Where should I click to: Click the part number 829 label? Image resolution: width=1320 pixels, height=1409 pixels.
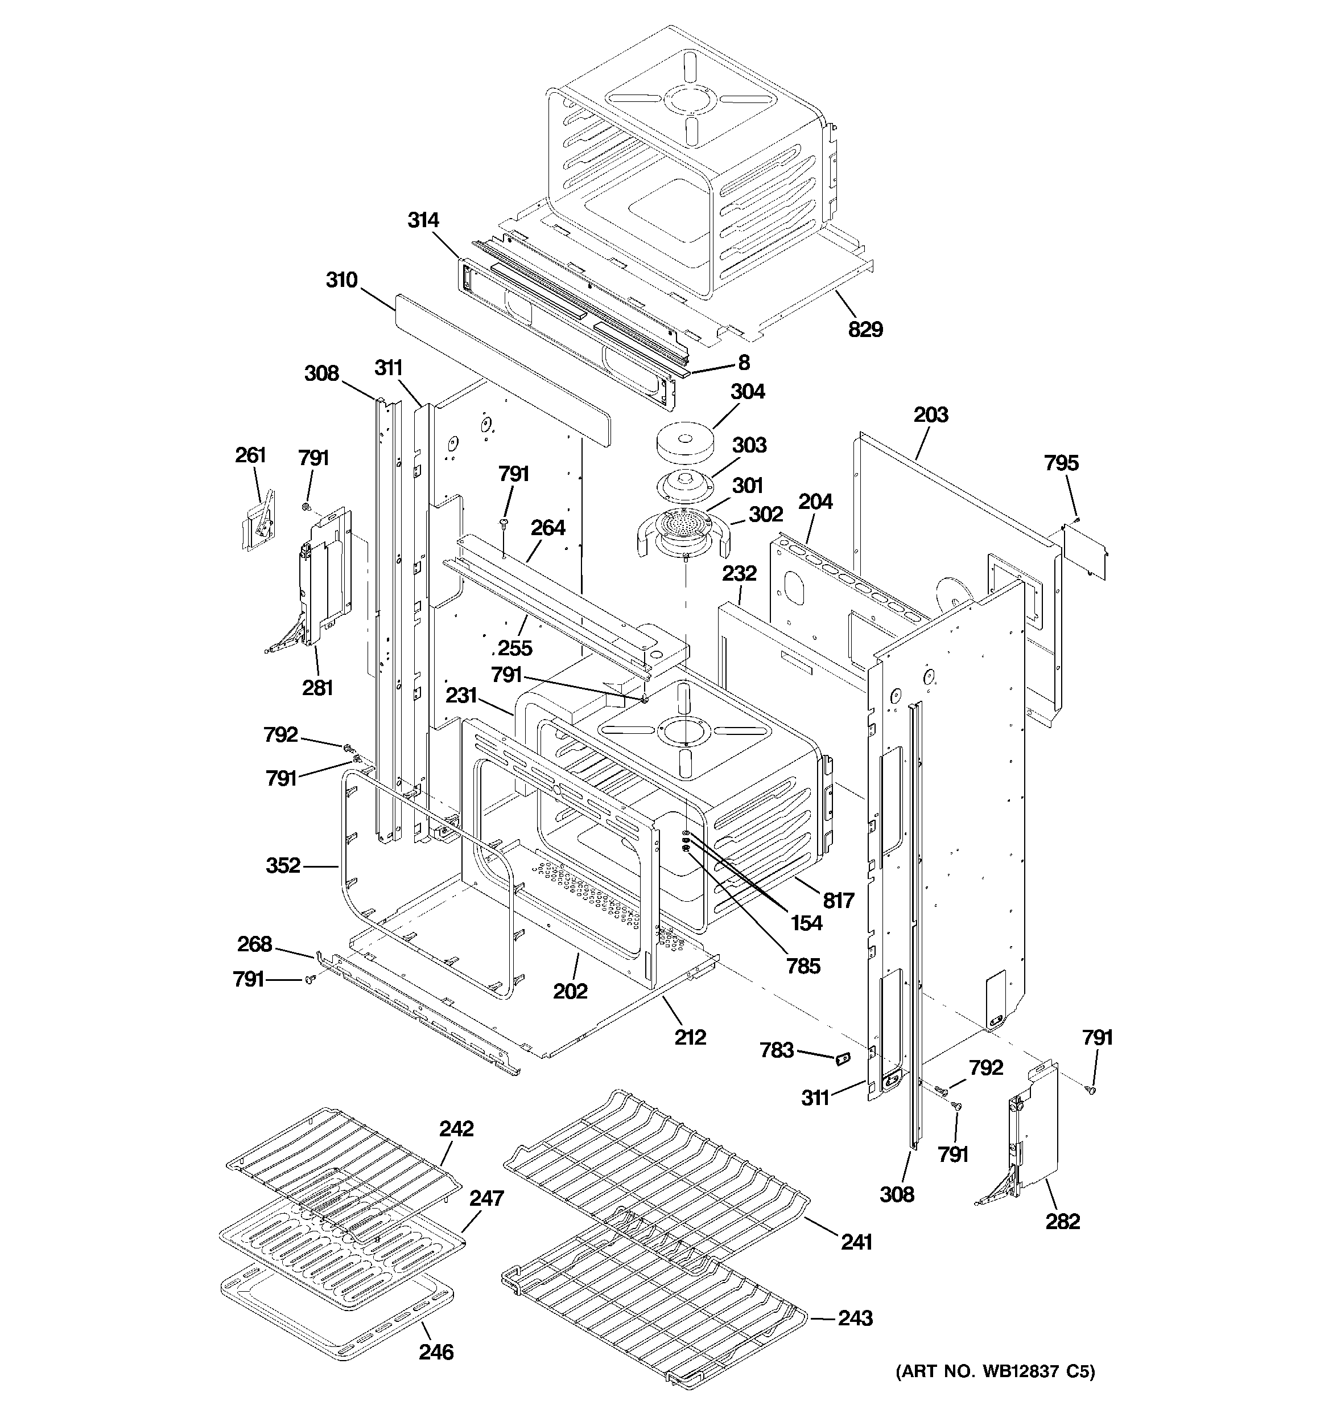coord(865,329)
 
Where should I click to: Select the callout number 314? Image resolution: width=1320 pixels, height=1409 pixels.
coord(423,220)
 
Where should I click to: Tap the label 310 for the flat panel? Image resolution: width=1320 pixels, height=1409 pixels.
coord(341,280)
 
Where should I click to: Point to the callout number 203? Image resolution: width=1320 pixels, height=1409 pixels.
coord(930,414)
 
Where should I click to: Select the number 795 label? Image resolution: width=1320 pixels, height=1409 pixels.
coord(1061,463)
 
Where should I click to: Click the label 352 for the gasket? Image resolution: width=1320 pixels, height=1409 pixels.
coord(283,865)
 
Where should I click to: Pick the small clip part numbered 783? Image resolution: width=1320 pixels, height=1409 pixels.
coord(841,1059)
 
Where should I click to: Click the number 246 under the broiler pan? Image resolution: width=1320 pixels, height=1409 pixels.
coord(436,1352)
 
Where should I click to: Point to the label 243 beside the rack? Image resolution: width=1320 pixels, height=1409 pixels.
coord(855,1318)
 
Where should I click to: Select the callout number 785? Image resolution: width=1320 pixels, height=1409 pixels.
coord(803,966)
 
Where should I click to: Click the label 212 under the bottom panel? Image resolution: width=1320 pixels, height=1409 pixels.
coord(690,1038)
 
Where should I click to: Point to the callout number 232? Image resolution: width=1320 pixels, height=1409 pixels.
coord(739,573)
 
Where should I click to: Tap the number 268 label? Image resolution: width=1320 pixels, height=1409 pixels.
coord(254,944)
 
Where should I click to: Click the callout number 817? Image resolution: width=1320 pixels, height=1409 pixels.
coord(838,900)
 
